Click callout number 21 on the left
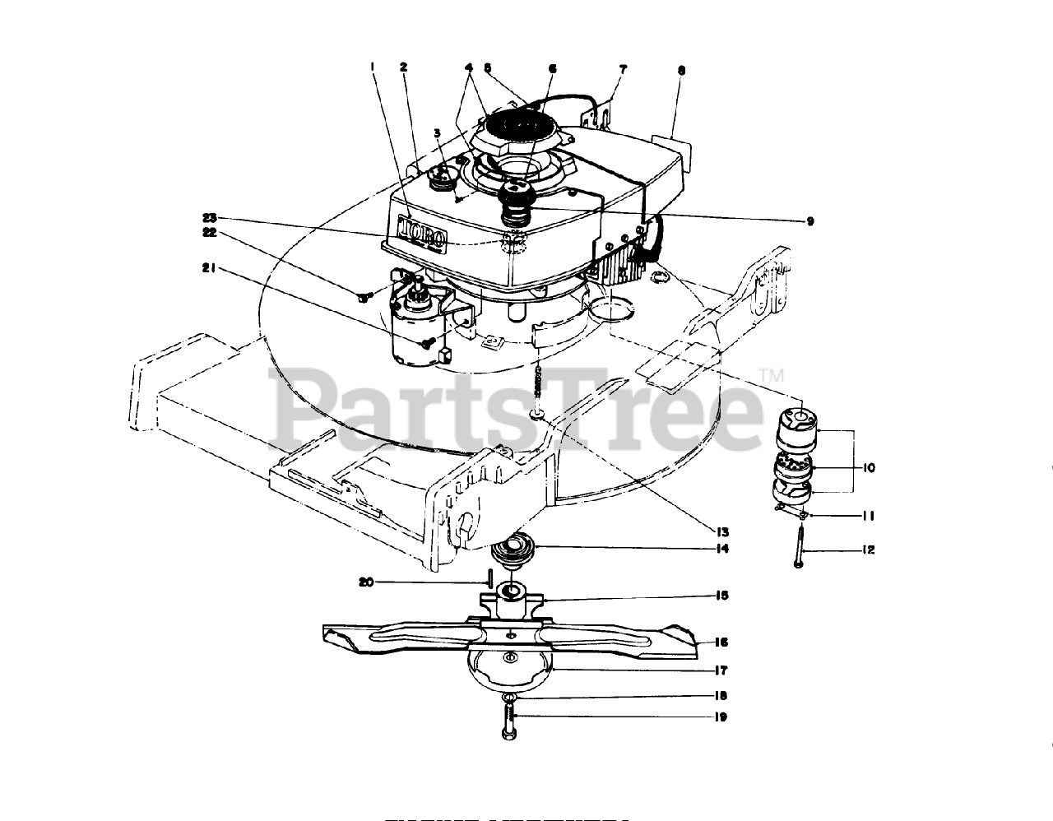(x=208, y=267)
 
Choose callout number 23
(x=208, y=218)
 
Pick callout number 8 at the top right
(x=681, y=71)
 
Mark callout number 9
(x=810, y=220)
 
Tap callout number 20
(x=367, y=582)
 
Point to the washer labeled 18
(x=510, y=698)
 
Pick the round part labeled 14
(x=513, y=549)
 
